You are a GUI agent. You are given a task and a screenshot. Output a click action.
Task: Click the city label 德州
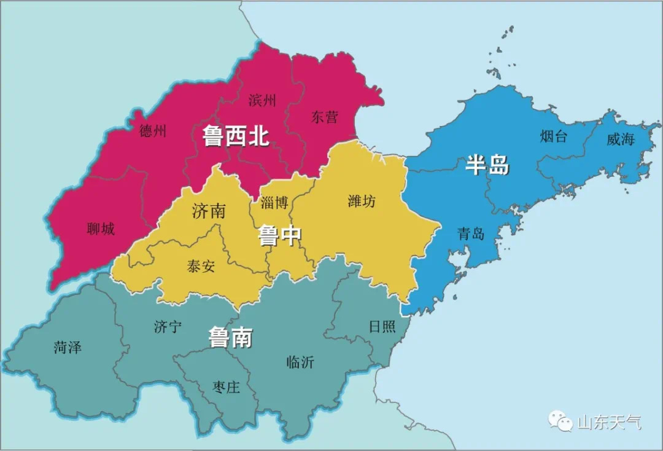153,131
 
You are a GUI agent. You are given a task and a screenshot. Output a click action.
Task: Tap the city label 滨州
262,100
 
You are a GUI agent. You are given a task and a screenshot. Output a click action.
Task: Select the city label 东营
324,117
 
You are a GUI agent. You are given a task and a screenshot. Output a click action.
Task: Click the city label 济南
209,211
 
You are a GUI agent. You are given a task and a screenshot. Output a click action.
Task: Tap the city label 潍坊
362,200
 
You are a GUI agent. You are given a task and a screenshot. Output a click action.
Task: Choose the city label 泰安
201,267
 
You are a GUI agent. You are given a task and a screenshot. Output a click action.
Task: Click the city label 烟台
554,136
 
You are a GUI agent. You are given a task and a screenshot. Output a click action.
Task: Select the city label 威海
620,139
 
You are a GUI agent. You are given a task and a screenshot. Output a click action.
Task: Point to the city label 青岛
471,233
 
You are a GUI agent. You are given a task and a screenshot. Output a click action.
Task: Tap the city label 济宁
168,326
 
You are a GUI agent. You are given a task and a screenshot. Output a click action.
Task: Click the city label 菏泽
68,347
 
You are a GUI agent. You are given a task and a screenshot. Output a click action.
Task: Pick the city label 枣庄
226,387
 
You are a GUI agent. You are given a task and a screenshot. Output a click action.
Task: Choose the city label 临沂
300,362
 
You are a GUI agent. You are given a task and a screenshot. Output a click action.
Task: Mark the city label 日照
382,326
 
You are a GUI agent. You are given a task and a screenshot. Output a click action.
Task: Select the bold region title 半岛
487,165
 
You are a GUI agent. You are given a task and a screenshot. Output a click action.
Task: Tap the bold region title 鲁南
231,337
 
